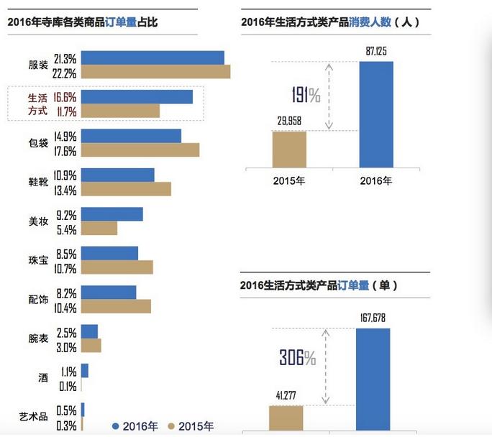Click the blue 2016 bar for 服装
coord(152,57)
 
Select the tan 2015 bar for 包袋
coord(140,149)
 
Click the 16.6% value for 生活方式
coord(65,96)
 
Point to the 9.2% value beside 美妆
coord(65,214)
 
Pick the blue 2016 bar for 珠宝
coord(109,253)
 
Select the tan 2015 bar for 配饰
coord(116,306)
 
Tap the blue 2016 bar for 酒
coord(85,370)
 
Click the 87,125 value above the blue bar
coord(375,52)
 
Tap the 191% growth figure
coord(306,95)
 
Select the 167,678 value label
coord(373,318)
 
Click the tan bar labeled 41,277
coord(286,418)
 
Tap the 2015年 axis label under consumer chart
coord(289,180)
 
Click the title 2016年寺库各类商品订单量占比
coord(82,22)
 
